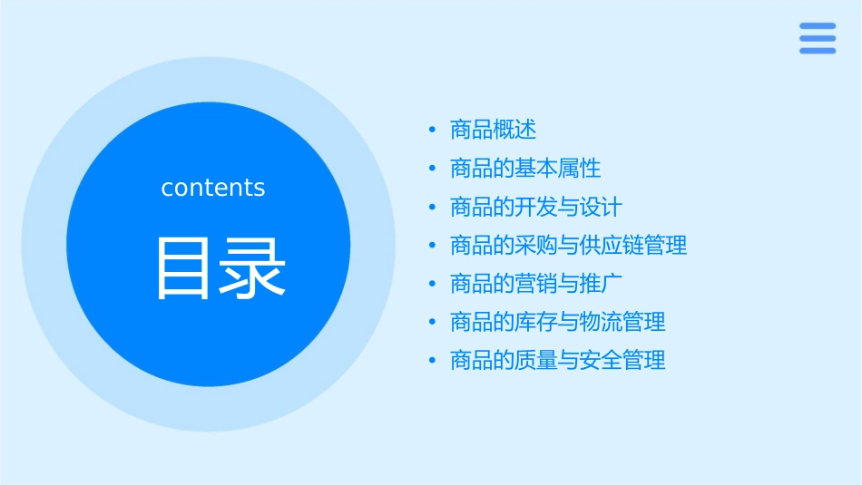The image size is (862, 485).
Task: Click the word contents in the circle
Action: click(x=213, y=188)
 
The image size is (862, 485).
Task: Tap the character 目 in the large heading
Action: click(x=183, y=267)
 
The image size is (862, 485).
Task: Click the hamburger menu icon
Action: click(x=817, y=38)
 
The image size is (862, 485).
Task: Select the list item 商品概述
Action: click(x=494, y=130)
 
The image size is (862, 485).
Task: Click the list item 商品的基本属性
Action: click(x=525, y=169)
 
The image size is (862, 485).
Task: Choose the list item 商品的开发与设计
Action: click(x=536, y=207)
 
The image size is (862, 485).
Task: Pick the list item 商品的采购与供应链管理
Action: click(x=569, y=245)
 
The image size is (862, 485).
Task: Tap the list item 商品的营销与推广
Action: click(x=536, y=284)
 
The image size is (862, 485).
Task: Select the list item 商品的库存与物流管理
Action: click(x=558, y=322)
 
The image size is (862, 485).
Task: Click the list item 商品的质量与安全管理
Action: click(x=558, y=360)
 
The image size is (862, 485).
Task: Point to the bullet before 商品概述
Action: click(x=433, y=131)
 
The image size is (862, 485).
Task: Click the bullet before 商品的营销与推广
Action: click(x=433, y=284)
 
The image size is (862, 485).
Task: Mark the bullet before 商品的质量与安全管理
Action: click(x=433, y=361)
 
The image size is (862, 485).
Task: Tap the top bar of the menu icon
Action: click(x=817, y=26)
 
